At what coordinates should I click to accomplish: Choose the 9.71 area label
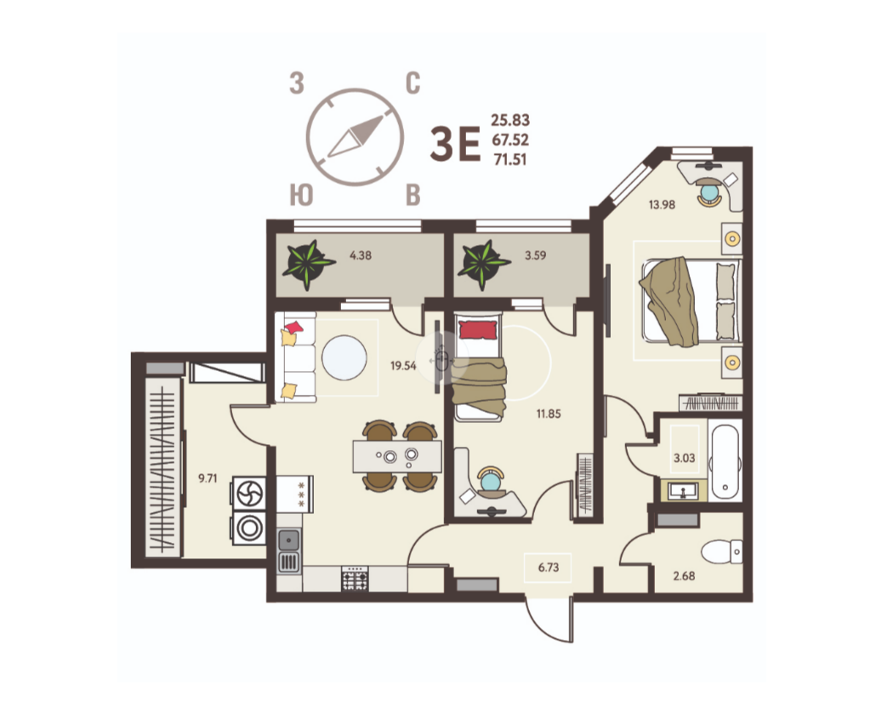pos(208,478)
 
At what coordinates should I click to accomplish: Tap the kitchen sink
pos(289,539)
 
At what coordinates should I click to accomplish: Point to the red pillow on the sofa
pos(294,327)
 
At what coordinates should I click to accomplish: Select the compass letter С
pos(413,83)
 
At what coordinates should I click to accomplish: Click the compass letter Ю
pos(300,195)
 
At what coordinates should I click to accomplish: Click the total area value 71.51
pos(510,158)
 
